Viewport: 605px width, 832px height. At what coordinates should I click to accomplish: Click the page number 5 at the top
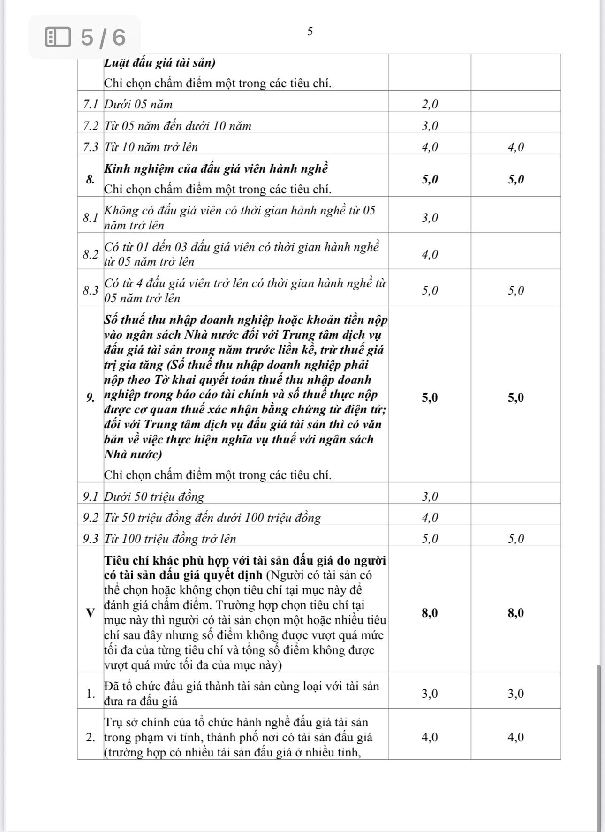310,31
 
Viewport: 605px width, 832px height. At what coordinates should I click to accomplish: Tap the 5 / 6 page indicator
103,37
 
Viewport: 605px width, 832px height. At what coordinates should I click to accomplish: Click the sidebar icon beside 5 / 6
58,37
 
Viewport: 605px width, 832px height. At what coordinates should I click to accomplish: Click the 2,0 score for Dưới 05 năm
430,104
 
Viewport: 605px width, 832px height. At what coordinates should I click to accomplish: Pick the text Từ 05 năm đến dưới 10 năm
177,126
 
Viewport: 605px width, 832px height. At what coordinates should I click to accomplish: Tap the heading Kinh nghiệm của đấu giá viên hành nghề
216,168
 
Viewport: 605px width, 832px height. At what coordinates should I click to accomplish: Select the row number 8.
91,179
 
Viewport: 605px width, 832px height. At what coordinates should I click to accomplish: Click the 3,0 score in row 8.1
430,218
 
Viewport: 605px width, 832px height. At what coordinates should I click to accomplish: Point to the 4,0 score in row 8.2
430,254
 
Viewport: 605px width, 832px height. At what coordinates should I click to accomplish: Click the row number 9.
91,398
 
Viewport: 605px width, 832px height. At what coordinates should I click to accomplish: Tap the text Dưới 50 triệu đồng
154,496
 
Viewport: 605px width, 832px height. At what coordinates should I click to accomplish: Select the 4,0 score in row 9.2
430,518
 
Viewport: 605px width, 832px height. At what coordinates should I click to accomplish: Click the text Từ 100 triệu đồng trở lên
170,539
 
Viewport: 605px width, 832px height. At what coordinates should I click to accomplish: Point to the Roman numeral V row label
90,613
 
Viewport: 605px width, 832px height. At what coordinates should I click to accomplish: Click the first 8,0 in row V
430,613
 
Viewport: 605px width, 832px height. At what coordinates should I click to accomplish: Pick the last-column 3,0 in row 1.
515,694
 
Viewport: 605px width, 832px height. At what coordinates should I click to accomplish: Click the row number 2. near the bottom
91,737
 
